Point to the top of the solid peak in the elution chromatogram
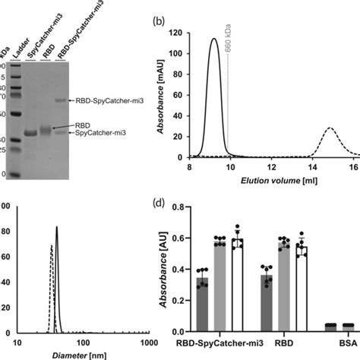coord(214,39)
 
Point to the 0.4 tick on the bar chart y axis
coord(183,268)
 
